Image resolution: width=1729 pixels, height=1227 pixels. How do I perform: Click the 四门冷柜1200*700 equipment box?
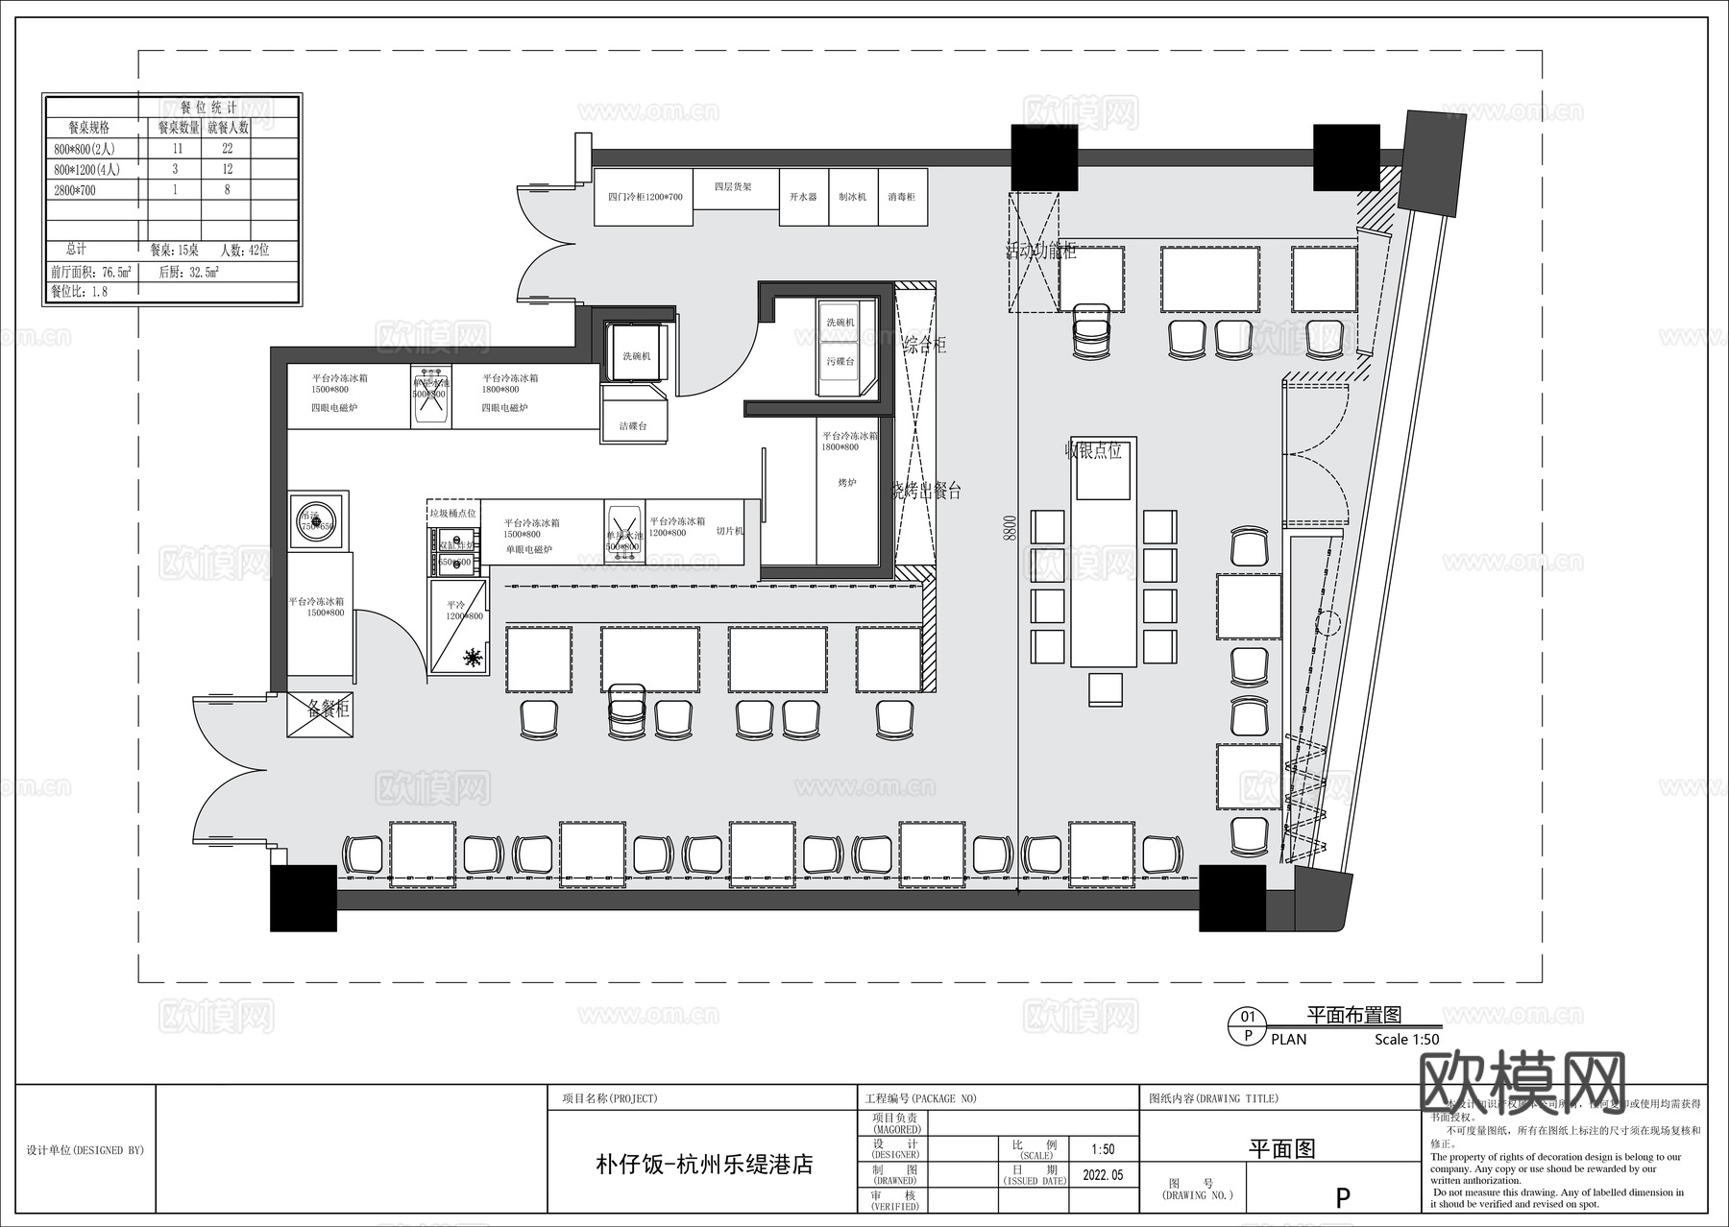644,197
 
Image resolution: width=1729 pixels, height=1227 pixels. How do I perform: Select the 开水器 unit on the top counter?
803,197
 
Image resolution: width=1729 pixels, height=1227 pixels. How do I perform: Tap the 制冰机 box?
852,197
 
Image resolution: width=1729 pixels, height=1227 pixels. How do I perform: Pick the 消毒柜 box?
902,197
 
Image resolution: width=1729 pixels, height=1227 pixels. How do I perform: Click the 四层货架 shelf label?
733,187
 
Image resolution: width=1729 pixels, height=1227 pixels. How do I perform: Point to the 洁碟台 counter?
633,425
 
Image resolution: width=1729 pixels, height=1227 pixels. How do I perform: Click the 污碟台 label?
840,362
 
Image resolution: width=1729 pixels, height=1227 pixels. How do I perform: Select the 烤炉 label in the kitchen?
846,483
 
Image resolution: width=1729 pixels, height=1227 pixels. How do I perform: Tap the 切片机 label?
730,531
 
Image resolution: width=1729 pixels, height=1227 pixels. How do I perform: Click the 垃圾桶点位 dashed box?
452,513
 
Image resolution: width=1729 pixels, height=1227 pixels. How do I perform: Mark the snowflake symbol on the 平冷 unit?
472,658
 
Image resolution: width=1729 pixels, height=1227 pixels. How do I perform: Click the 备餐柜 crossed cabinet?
320,715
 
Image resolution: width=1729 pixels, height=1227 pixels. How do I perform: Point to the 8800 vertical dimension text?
1009,527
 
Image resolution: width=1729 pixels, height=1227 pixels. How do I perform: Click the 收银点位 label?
1093,449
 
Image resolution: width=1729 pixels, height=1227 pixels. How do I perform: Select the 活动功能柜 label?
1041,252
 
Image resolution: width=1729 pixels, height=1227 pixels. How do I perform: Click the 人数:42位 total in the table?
244,250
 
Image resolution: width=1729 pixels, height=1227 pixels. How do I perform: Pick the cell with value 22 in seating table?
227,148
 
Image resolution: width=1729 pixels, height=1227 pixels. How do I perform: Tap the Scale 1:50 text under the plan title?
1406,1039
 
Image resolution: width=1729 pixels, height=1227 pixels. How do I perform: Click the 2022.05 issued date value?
1103,1174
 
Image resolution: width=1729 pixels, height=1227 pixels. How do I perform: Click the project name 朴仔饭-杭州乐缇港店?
704,1165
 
